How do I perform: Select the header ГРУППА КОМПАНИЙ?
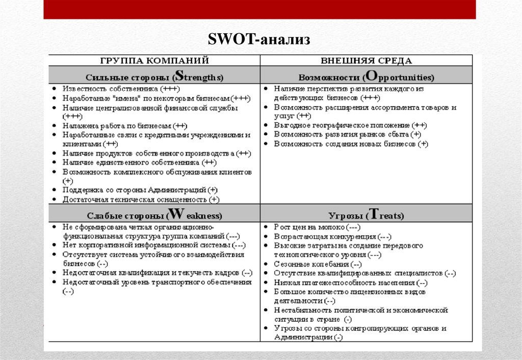tap(154, 60)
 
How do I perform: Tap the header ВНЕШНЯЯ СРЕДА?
tap(366, 60)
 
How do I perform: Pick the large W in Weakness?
tap(175, 213)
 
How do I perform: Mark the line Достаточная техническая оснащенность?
tap(141, 199)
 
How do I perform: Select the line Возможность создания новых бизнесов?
tap(351, 144)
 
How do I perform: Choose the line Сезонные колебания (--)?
tap(318, 264)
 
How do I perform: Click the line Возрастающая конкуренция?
tap(332, 237)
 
